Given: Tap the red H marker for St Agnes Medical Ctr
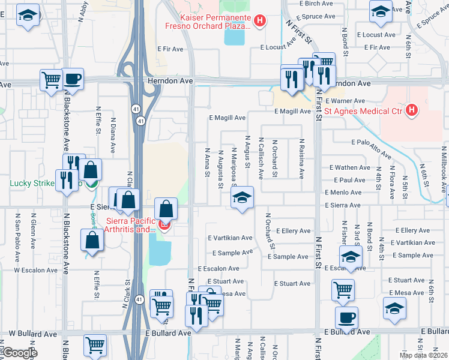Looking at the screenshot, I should [x=411, y=110].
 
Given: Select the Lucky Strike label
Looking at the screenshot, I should [x=31, y=182].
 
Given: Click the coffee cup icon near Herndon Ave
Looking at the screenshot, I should [x=73, y=79].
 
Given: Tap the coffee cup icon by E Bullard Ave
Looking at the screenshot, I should [x=346, y=318].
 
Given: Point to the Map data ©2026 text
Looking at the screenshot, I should [x=423, y=355].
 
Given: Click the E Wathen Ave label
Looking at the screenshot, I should [x=350, y=167].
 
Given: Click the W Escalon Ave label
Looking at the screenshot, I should [x=35, y=270].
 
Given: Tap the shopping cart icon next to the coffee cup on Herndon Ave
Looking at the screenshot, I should [x=51, y=79].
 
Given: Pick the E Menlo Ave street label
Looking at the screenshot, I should [x=343, y=193].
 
